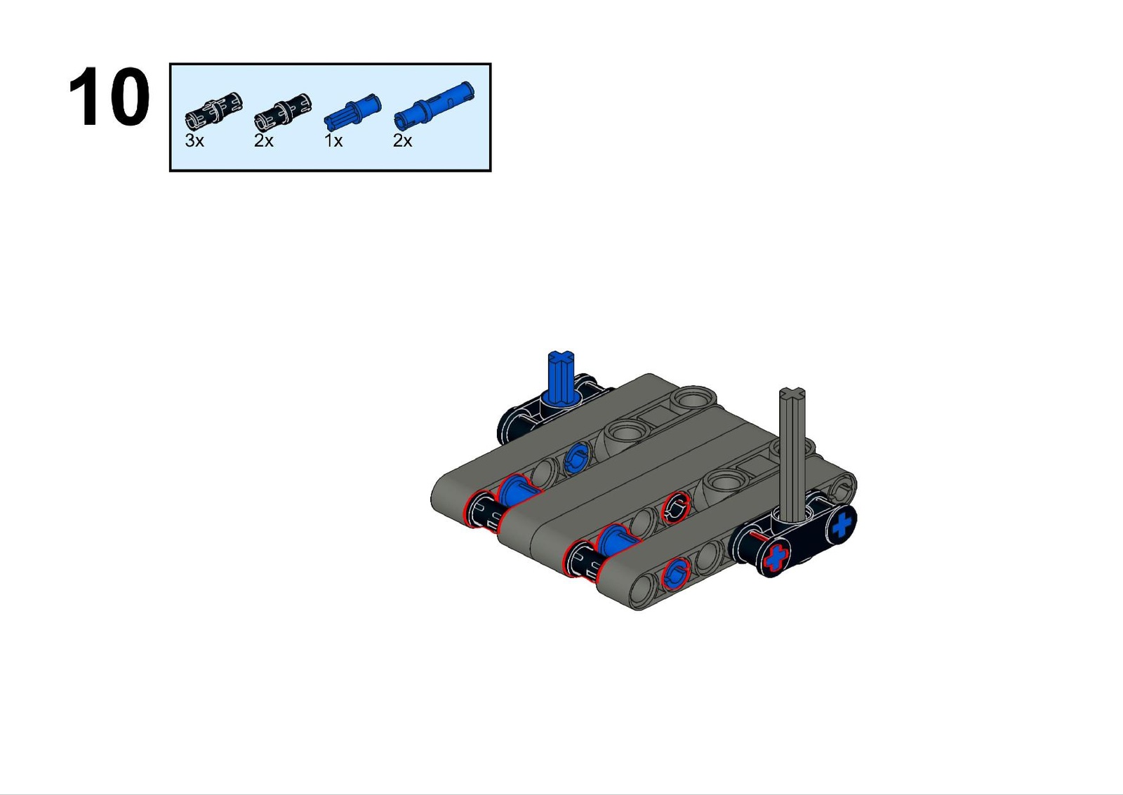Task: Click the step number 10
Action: (109, 96)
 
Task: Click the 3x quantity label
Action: (194, 141)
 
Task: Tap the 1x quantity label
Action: (333, 141)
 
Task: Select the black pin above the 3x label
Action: (213, 109)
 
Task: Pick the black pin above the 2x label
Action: (283, 109)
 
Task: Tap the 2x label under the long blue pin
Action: (403, 141)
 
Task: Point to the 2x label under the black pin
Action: (264, 141)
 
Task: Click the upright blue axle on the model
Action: (561, 376)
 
